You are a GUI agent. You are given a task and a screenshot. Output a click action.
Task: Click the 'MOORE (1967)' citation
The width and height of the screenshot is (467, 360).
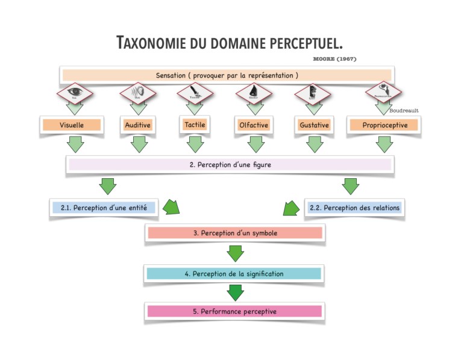point(334,60)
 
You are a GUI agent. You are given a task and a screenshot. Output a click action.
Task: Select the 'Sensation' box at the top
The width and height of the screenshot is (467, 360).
point(226,76)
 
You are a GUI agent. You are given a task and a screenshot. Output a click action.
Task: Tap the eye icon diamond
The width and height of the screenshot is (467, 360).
point(74,93)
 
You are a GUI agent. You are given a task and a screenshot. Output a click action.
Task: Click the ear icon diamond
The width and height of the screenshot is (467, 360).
point(137,93)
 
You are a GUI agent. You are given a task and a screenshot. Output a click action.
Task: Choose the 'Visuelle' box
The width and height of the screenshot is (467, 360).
point(72,125)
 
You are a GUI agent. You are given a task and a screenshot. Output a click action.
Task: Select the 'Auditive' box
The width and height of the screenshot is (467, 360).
point(138,125)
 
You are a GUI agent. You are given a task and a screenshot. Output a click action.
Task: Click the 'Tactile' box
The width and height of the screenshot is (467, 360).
point(194,125)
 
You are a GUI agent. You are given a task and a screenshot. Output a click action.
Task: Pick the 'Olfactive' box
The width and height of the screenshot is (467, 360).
point(254,125)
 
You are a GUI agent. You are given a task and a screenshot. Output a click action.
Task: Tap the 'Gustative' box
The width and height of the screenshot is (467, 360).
point(314,125)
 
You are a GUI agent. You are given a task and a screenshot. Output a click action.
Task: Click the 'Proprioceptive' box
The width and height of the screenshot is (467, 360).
point(384,125)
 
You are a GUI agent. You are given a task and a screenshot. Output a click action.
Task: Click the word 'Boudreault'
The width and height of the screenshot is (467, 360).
point(404,111)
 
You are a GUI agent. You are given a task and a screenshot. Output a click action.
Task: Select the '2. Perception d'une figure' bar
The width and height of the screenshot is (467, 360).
point(230,164)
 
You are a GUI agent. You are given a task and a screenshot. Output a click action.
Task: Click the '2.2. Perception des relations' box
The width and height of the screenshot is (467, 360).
point(354,208)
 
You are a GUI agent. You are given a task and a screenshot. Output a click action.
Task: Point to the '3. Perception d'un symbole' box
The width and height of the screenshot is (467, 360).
point(234,233)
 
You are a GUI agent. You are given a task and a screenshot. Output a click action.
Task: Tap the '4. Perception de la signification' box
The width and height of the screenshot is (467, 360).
point(234,273)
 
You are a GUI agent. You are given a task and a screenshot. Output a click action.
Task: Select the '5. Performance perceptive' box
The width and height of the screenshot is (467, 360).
point(234,311)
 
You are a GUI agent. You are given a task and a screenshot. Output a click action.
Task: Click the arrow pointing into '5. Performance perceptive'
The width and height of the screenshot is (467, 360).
point(235,293)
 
